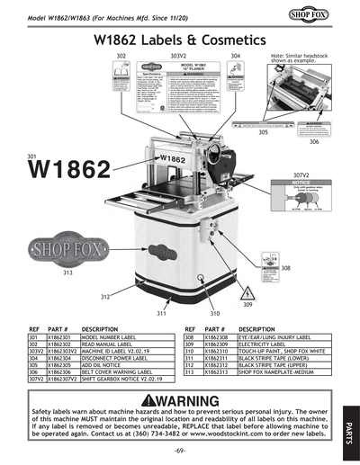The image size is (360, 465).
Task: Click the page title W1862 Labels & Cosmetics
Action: pos(180,40)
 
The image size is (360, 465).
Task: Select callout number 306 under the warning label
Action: pos(313,142)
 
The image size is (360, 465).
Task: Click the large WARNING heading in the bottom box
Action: pos(180,398)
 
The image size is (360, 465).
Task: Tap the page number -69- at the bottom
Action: pos(180,449)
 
